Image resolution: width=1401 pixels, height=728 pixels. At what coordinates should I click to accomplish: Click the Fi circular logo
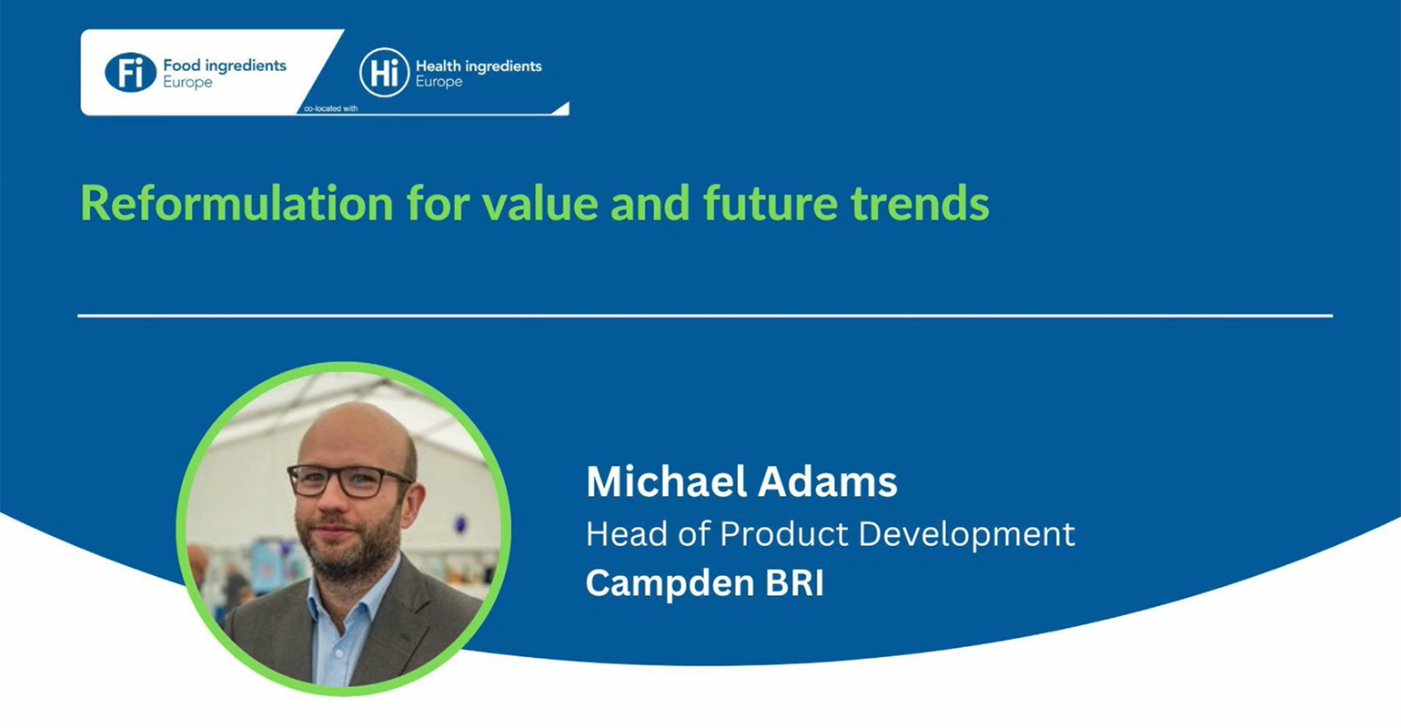pyautogui.click(x=130, y=73)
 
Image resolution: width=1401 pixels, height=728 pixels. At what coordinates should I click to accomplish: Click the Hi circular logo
pyautogui.click(x=384, y=73)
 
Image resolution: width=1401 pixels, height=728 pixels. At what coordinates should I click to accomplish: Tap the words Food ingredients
pyautogui.click(x=225, y=66)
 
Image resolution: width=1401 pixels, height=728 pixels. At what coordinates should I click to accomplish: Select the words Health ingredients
pyautogui.click(x=479, y=66)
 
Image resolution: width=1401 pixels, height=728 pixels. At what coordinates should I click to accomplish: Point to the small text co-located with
pyautogui.click(x=331, y=109)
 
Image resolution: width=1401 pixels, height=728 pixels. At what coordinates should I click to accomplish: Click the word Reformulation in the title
pyautogui.click(x=237, y=203)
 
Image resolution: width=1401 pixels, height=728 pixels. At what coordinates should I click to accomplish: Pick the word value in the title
pyautogui.click(x=539, y=203)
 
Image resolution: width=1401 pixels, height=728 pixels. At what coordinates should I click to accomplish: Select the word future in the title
pyautogui.click(x=770, y=204)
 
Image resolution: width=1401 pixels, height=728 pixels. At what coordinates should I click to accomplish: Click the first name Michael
pyautogui.click(x=666, y=481)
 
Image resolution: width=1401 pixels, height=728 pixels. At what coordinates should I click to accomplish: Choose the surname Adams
pyautogui.click(x=828, y=481)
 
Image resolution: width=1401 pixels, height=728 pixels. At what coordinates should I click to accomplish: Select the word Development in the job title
pyautogui.click(x=966, y=535)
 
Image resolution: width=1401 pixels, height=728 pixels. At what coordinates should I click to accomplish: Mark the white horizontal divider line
pyautogui.click(x=705, y=316)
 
